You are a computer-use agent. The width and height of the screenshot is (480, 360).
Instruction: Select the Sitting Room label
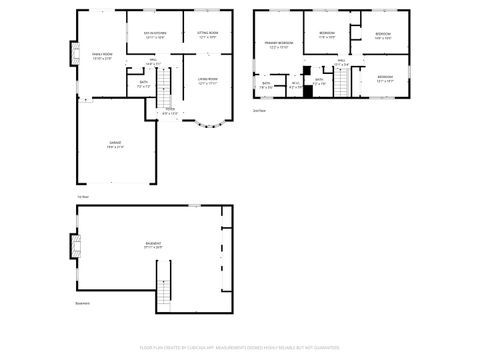[208, 35]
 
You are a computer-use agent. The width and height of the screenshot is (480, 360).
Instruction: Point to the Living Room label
[207, 81]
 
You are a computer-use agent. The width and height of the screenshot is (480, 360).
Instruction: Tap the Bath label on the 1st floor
[143, 84]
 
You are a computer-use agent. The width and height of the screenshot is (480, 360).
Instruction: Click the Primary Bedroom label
[279, 45]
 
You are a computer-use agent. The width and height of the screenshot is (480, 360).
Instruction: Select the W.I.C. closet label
[296, 84]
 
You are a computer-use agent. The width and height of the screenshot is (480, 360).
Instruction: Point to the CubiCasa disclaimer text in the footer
[240, 349]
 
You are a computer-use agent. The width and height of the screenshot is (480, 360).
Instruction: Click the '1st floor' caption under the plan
[83, 196]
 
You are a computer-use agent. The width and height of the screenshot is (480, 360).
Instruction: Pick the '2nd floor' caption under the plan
[259, 110]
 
